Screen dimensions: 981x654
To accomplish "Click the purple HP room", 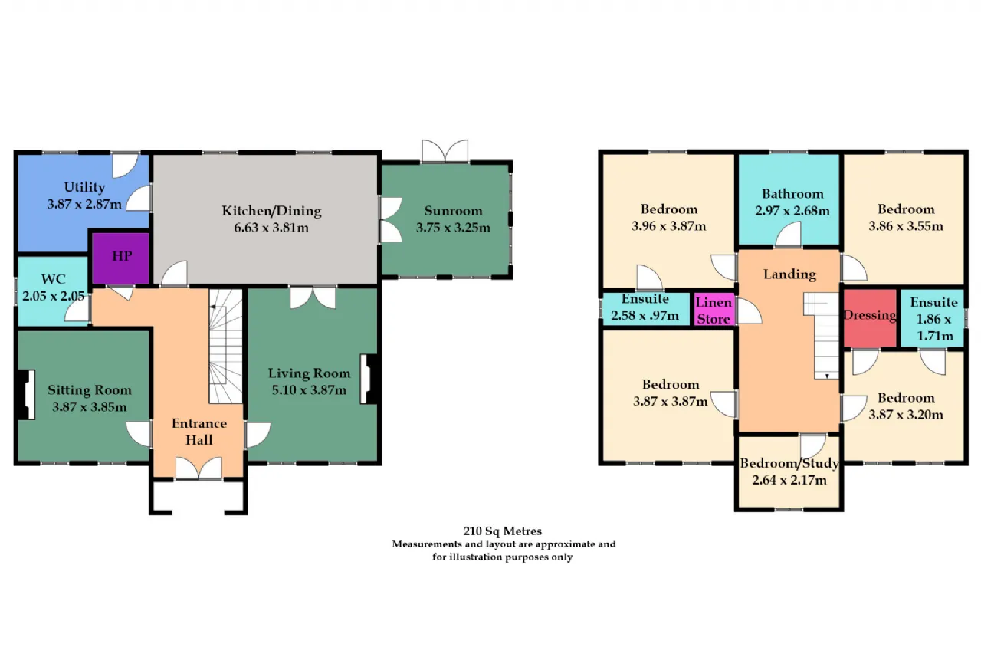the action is coord(121,258).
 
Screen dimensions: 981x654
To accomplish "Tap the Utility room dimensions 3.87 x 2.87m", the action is coord(84,204).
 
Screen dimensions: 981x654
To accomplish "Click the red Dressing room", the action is coord(870,318).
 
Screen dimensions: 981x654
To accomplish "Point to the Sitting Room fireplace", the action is coord(26,395).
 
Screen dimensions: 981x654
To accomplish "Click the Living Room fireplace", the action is coord(369,379).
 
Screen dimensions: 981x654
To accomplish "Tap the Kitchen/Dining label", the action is coord(271,211).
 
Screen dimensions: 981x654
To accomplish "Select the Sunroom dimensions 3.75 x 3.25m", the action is coord(453,228).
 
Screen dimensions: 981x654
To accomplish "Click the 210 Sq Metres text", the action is coord(502,531).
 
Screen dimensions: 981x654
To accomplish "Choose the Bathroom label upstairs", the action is coord(792,194).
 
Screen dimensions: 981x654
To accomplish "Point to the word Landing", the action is coord(789,274).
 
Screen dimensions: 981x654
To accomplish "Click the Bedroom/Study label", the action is coord(789,463).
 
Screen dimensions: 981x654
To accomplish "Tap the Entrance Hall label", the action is coord(199,432).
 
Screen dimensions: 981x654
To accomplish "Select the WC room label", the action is coord(54,279).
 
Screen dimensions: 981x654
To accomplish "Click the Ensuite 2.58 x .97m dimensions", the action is coord(645,315).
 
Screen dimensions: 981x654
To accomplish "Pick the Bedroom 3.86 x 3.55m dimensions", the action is coord(906,226).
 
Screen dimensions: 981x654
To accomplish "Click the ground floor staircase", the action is coord(225,346).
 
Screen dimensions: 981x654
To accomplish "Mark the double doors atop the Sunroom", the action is coord(445,151).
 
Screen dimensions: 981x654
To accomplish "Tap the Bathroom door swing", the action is coord(789,234).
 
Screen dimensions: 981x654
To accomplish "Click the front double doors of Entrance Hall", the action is coord(198,468).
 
